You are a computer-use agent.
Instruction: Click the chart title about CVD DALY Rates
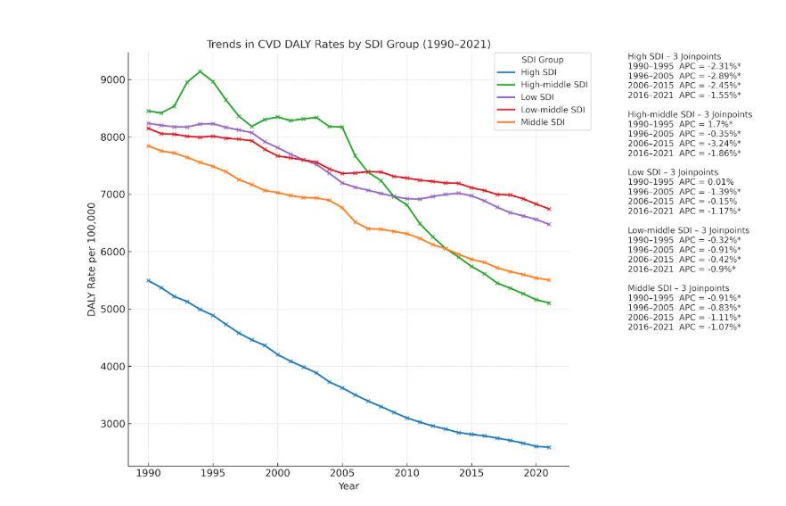click(348, 44)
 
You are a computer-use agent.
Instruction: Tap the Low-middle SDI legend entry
click(553, 110)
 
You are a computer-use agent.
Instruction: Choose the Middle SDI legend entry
click(544, 122)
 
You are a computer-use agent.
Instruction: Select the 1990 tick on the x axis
click(148, 473)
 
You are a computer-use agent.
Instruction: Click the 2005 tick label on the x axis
click(342, 473)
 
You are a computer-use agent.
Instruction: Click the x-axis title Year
click(348, 486)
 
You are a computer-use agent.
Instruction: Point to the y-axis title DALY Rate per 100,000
click(92, 260)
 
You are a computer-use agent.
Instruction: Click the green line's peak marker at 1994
click(200, 71)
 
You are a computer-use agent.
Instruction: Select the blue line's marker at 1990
click(148, 280)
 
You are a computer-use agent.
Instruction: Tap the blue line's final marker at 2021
click(549, 447)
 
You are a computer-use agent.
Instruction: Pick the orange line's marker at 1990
click(148, 145)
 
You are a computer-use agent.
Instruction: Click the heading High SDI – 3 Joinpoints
click(678, 56)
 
